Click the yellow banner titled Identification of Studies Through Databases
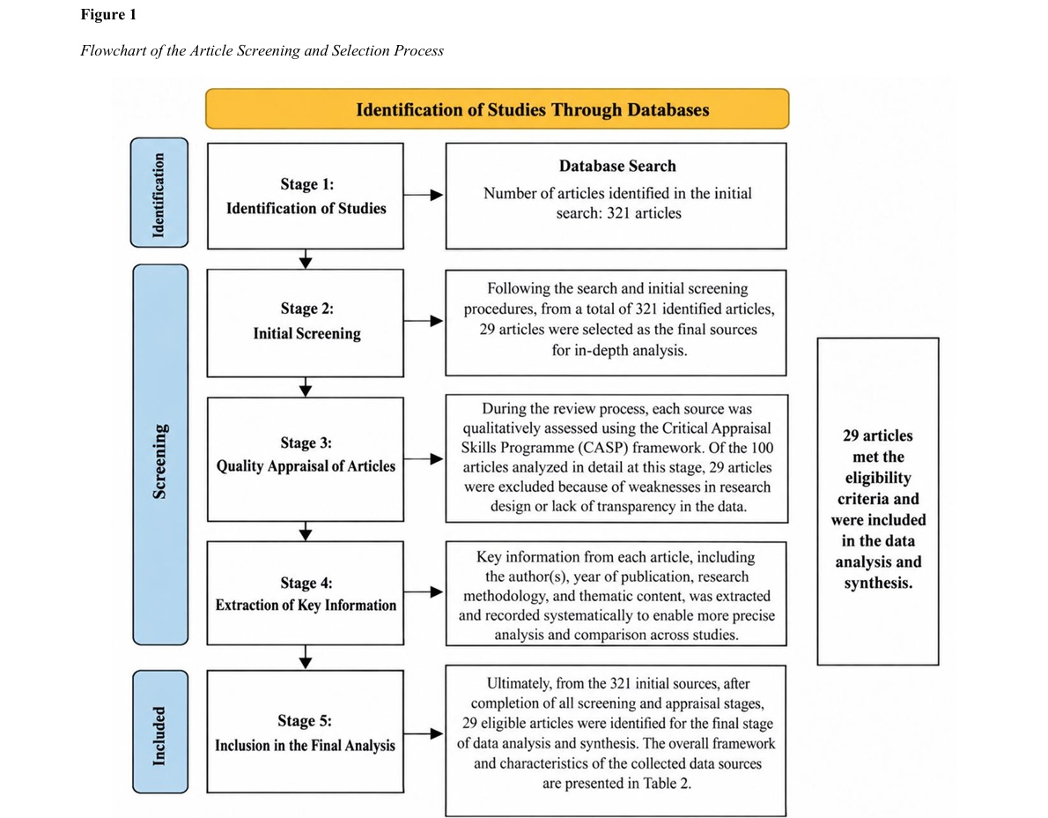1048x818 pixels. point(497,109)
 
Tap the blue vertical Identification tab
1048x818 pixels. point(159,193)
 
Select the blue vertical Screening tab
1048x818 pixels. point(160,455)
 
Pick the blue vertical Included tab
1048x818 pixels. point(160,732)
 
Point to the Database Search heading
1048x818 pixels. point(617,166)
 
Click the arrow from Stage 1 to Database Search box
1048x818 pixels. point(424,195)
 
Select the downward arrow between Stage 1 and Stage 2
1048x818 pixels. point(306,259)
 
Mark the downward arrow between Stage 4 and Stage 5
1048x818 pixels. point(306,658)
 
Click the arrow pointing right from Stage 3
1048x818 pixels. point(424,459)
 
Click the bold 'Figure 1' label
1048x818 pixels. point(108,15)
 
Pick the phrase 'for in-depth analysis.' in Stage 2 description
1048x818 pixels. point(620,351)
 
